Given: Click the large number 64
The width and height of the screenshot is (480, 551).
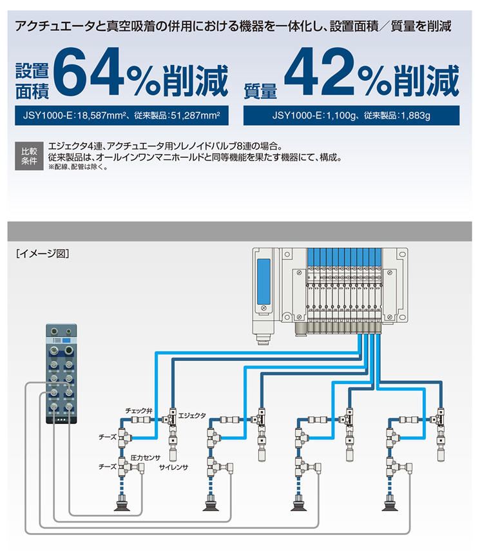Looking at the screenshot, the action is (88, 72).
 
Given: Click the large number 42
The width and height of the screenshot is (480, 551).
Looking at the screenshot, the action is (319, 72).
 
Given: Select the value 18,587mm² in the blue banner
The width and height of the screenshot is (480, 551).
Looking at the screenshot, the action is (102, 115).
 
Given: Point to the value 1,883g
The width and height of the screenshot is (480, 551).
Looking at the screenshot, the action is (416, 115).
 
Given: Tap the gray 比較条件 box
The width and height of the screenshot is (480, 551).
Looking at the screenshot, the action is (29, 156).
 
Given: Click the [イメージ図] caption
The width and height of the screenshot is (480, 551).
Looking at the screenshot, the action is (43, 253).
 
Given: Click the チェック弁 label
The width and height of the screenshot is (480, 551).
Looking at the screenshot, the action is (139, 411).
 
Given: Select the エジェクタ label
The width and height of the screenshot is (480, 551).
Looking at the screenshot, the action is (192, 416).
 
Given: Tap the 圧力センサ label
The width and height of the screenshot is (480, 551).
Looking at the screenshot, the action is (146, 458).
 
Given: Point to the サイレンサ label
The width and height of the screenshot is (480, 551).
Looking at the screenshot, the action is (173, 467).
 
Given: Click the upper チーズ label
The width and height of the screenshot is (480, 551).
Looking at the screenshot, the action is (108, 437).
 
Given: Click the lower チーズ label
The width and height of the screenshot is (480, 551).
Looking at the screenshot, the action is (108, 467).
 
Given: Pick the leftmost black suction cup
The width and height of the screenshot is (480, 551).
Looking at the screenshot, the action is (122, 504).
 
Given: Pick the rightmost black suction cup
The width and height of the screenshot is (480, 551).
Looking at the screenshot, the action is (390, 504).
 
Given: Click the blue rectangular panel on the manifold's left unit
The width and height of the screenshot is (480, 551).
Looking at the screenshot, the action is (264, 282).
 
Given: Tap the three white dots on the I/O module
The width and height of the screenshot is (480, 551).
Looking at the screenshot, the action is (61, 420).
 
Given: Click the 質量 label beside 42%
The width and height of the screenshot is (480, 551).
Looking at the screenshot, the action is (260, 92).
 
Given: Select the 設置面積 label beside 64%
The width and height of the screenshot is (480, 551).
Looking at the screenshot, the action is (32, 81).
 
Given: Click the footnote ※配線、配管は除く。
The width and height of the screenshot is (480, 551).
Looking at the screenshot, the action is (78, 167).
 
